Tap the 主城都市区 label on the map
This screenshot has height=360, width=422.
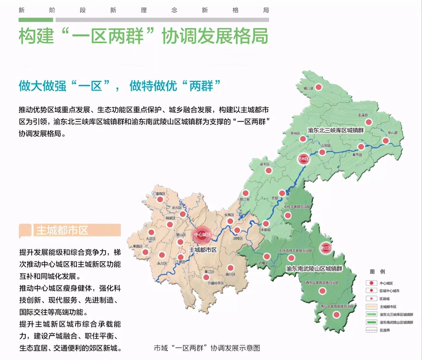[x=203, y=250]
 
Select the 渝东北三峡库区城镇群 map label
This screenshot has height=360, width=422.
[x=335, y=130]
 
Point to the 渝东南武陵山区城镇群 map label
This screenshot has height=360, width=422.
[x=314, y=269]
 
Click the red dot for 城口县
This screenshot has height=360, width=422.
[x=318, y=87]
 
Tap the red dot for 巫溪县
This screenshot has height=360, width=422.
[x=368, y=122]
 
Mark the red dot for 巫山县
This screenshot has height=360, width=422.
[x=385, y=141]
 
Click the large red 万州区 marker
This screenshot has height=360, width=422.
[x=303, y=159]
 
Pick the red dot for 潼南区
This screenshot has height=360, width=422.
[x=160, y=200]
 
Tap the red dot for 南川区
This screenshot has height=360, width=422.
[x=230, y=268]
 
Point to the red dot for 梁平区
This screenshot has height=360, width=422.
[x=269, y=171]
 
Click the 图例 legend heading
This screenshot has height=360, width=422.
[x=377, y=272]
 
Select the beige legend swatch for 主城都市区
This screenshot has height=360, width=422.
[x=371, y=307]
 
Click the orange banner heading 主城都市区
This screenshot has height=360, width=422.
[x=70, y=230]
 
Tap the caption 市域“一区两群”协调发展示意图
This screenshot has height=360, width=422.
[x=207, y=348]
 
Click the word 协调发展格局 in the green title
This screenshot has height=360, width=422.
[x=215, y=36]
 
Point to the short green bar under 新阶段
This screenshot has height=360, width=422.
[x=36, y=20]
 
